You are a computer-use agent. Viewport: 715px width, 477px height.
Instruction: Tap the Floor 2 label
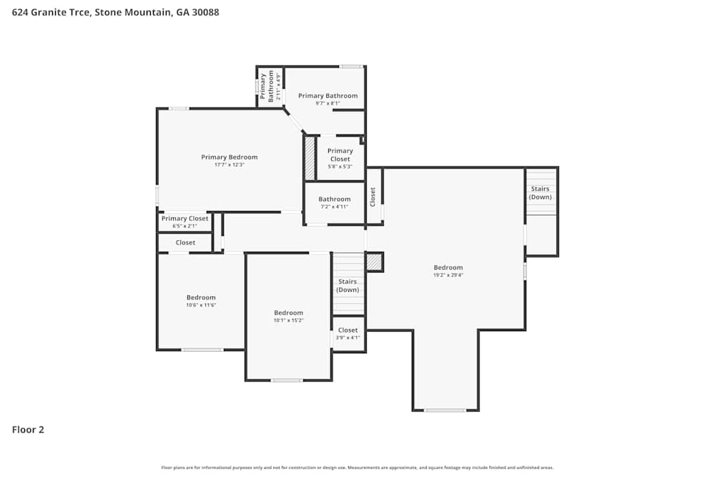click(x=28, y=430)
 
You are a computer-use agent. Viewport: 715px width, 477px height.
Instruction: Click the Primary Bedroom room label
click(x=229, y=157)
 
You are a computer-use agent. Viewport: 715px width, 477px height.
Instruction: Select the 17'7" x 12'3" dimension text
click(x=229, y=165)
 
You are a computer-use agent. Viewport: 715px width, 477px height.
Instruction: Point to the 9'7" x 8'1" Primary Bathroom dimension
click(x=327, y=104)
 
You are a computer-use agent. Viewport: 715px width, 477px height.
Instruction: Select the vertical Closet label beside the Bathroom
click(x=373, y=197)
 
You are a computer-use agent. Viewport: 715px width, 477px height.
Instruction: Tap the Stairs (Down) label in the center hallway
click(x=347, y=285)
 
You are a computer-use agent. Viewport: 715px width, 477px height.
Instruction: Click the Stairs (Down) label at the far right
click(x=540, y=193)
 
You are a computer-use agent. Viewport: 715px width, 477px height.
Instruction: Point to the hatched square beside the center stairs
click(x=375, y=262)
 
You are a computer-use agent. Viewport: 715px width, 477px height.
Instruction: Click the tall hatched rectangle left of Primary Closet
click(x=310, y=158)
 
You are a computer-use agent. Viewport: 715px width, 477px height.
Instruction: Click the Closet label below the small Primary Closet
click(x=185, y=242)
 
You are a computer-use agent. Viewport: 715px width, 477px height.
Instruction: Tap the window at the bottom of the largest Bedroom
click(x=445, y=410)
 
